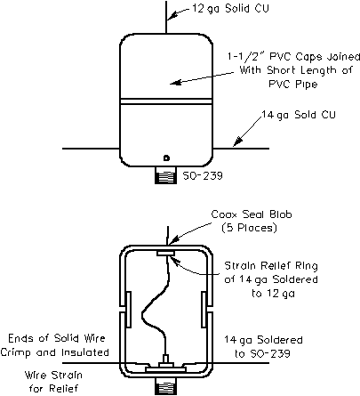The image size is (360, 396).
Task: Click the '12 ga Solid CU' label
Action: pos(230,8)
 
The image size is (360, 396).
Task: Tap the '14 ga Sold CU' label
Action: pos(299,115)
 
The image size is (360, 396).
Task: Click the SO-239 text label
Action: pos(203,175)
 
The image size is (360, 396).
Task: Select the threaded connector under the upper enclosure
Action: pos(165,175)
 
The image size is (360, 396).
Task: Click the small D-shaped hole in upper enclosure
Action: pos(166,158)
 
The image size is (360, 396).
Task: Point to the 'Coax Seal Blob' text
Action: pos(252,214)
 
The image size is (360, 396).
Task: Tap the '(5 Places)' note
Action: pos(249,228)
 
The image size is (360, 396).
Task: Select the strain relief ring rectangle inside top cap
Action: pos(166,253)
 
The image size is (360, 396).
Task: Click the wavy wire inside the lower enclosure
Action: pos(154,305)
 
